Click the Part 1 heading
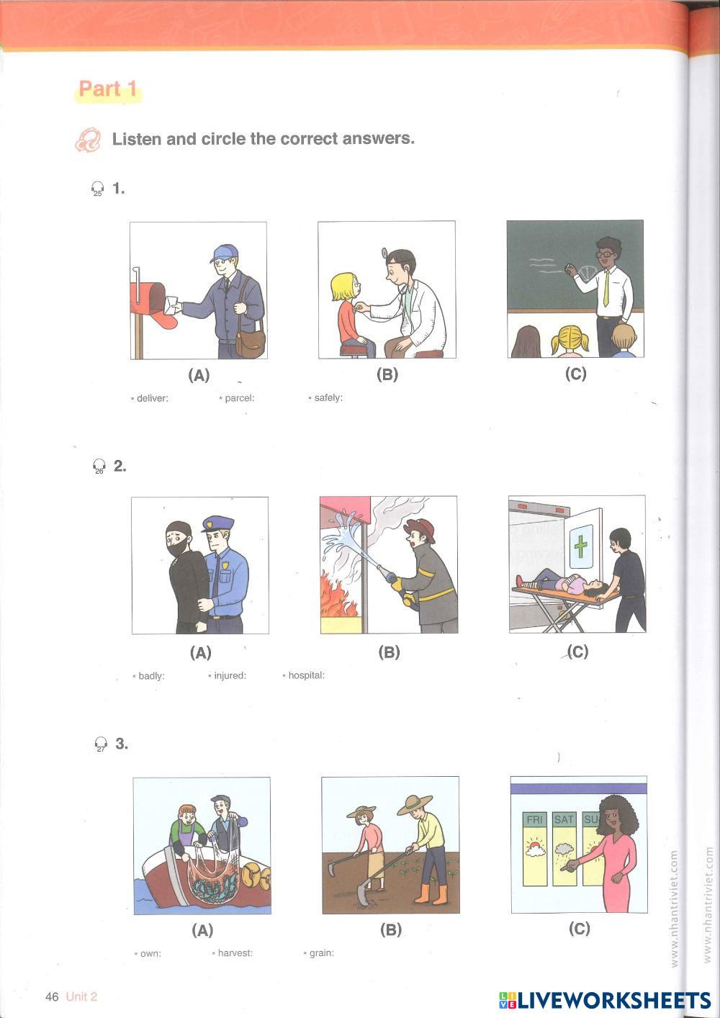click(x=108, y=89)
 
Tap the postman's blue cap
click(x=224, y=253)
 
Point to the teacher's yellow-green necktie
click(x=606, y=288)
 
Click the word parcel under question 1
click(x=239, y=398)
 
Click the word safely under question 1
click(x=328, y=397)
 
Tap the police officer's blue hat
click(x=217, y=523)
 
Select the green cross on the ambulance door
click(x=580, y=546)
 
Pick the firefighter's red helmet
click(x=421, y=529)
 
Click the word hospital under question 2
click(x=307, y=675)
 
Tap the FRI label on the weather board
click(x=534, y=819)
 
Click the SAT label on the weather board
click(x=564, y=819)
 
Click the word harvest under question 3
click(x=235, y=953)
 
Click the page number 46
click(x=52, y=996)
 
